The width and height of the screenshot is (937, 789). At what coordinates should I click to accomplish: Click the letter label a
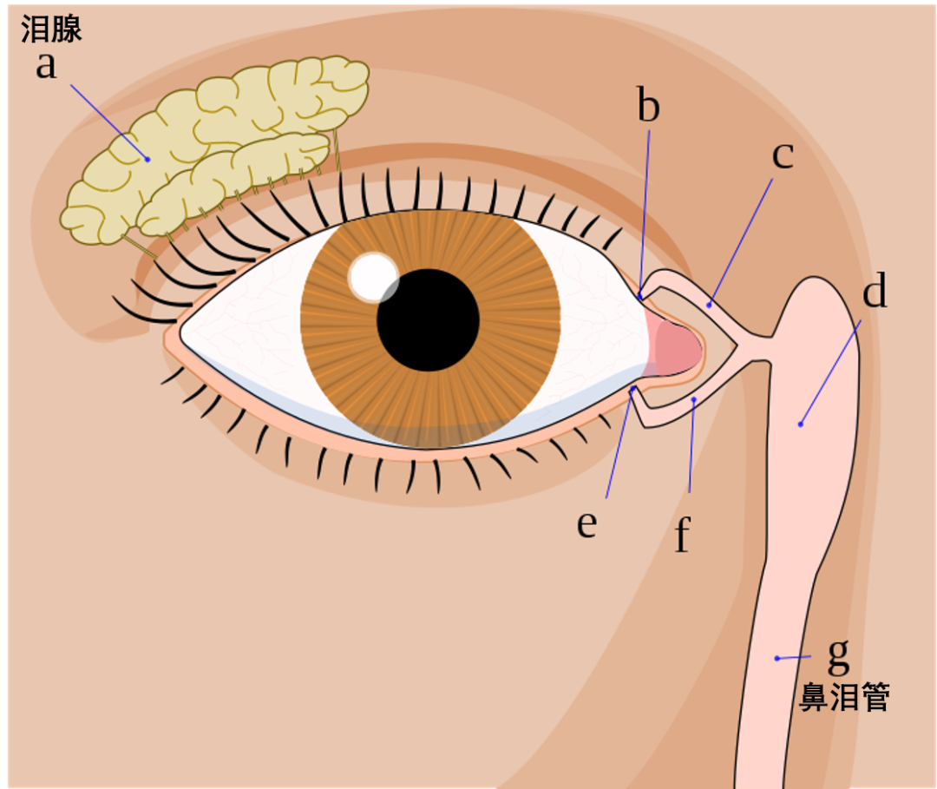click(46, 66)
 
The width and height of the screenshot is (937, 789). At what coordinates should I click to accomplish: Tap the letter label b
click(648, 107)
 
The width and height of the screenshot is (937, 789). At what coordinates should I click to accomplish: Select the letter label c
click(783, 155)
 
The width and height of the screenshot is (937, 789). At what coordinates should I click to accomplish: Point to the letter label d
click(875, 292)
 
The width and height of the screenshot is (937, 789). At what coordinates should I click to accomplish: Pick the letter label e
click(587, 523)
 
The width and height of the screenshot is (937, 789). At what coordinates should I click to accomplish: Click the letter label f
click(683, 536)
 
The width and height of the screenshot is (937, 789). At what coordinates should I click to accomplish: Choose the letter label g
click(838, 655)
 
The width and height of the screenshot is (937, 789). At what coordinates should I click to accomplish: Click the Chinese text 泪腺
click(51, 30)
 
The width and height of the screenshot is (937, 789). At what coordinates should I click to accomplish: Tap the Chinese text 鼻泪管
click(844, 697)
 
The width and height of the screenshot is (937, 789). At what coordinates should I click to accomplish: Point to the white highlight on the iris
click(371, 276)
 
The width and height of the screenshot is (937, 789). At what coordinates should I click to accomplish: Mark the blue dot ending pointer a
click(147, 159)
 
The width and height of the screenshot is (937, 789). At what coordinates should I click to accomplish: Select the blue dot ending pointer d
click(800, 424)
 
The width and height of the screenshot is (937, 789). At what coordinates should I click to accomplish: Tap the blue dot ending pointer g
click(776, 659)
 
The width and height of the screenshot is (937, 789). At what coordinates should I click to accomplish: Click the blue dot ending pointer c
click(709, 304)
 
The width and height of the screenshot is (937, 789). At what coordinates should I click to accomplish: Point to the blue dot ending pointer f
click(694, 399)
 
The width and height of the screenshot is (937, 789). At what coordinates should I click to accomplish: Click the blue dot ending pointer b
click(640, 297)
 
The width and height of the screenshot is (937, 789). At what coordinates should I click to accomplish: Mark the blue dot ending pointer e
click(632, 390)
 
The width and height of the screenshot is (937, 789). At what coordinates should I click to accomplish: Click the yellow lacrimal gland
click(217, 148)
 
